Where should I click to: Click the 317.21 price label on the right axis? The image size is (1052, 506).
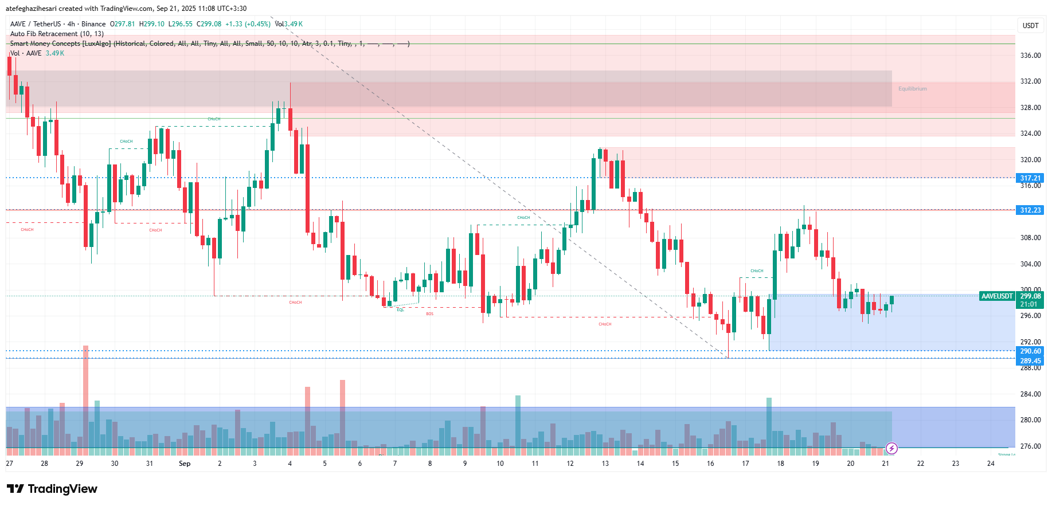pyautogui.click(x=1030, y=178)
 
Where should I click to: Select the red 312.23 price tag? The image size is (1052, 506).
pyautogui.click(x=1030, y=210)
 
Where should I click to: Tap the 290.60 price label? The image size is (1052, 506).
pyautogui.click(x=1030, y=351)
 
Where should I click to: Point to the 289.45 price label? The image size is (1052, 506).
pyautogui.click(x=1030, y=361)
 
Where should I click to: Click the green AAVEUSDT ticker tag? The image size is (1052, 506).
pyautogui.click(x=997, y=296)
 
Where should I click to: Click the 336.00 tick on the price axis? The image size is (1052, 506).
pyautogui.click(x=1030, y=56)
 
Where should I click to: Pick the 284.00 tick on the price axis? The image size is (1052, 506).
pyautogui.click(x=1030, y=394)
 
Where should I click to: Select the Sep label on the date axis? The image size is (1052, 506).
pyautogui.click(x=185, y=464)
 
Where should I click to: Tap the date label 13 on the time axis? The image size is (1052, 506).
pyautogui.click(x=605, y=464)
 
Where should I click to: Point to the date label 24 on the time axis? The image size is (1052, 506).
pyautogui.click(x=990, y=464)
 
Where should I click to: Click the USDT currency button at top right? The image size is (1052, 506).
pyautogui.click(x=1030, y=26)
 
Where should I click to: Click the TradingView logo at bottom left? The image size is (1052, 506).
pyautogui.click(x=52, y=489)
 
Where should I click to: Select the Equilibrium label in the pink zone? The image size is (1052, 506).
pyautogui.click(x=912, y=89)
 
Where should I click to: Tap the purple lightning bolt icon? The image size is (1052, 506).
pyautogui.click(x=891, y=448)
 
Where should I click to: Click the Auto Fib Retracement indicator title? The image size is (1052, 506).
pyautogui.click(x=57, y=34)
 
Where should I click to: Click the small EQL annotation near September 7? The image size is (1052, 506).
pyautogui.click(x=400, y=310)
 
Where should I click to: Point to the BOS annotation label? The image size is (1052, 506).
pyautogui.click(x=429, y=314)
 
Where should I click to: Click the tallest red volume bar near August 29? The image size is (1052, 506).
pyautogui.click(x=85, y=395)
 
